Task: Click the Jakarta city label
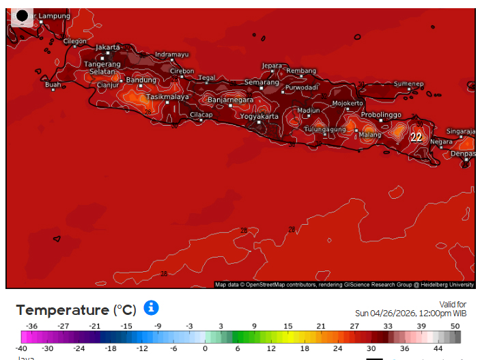(x=108, y=47)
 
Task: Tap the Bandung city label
(x=142, y=80)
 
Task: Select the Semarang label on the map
(x=262, y=82)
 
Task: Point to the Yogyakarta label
(x=259, y=116)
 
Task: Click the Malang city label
(x=370, y=135)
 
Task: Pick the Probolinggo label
(x=381, y=115)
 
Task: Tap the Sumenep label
(x=408, y=83)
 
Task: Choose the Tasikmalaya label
(x=167, y=97)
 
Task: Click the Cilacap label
(x=201, y=115)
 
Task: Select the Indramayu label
(x=171, y=55)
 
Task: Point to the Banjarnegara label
(x=230, y=100)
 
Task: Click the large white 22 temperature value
(x=416, y=137)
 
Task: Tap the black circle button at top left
(x=22, y=16)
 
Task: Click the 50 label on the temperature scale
(x=455, y=327)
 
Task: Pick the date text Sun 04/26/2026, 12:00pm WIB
(x=410, y=313)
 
